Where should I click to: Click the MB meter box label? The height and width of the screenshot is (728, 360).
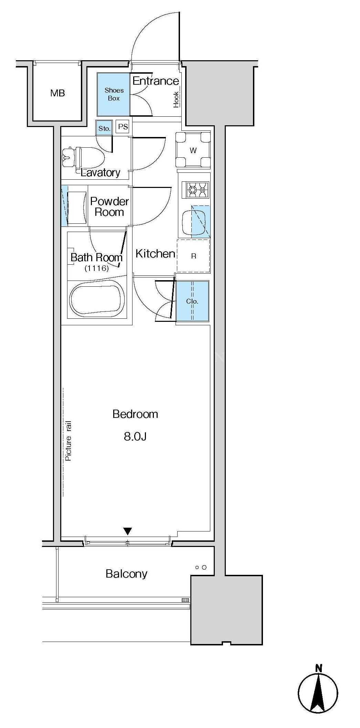coord(57,93)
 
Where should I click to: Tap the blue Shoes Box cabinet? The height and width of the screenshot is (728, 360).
coord(114,94)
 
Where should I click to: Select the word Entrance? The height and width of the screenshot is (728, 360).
coord(156,81)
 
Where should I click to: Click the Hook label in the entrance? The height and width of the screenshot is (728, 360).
coord(176,99)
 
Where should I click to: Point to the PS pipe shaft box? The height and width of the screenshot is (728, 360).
coord(123,127)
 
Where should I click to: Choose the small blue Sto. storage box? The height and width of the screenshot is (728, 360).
coord(104,128)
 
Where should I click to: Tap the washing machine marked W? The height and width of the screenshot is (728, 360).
coord(193,150)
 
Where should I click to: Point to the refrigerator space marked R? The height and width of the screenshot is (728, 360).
coord(193,256)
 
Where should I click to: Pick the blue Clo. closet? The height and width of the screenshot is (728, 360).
coord(192,301)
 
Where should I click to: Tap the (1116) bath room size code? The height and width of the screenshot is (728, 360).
coord(97,268)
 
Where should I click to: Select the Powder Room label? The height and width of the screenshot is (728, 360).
coord(109,207)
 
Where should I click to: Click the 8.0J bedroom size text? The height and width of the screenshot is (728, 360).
coord(135,436)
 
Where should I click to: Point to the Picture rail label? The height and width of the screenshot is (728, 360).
coord(68,441)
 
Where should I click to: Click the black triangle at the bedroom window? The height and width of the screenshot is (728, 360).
coord(128,531)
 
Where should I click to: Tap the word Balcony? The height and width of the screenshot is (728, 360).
coord(126,574)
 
